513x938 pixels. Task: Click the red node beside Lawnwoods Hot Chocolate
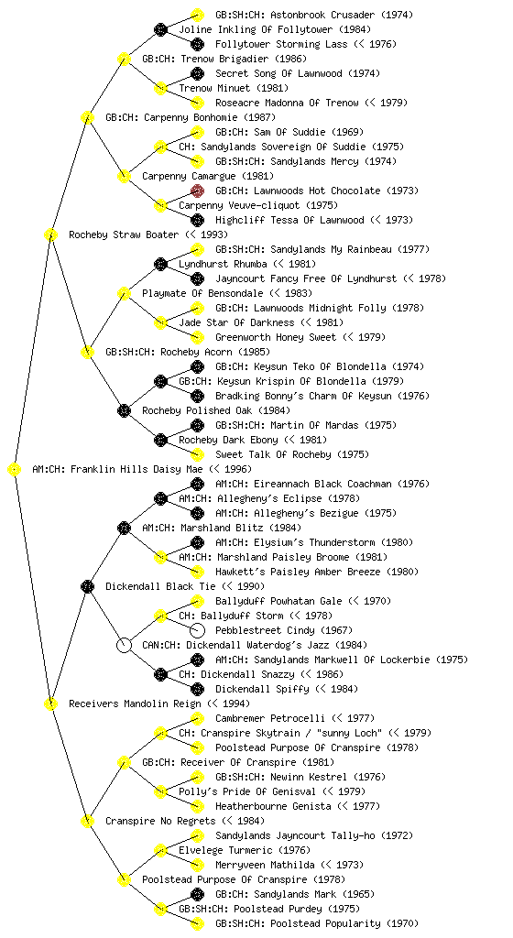[x=197, y=191]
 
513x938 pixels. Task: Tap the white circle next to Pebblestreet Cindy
[x=197, y=630]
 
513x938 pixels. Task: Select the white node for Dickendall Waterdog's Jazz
[x=124, y=645]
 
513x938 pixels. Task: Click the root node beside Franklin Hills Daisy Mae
[x=14, y=469]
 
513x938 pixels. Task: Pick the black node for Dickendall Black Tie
[x=87, y=586]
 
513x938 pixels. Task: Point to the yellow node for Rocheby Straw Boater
[x=50, y=234]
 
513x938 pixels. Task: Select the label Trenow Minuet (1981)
[x=225, y=88]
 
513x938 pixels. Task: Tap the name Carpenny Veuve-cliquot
[x=239, y=205]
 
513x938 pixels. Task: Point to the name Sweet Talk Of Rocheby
[x=273, y=454]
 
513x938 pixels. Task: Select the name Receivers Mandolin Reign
[x=135, y=703]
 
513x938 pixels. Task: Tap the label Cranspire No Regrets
[x=160, y=821]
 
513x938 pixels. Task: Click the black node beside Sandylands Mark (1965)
[x=197, y=894]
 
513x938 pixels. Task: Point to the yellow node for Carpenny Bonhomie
[x=87, y=117]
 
